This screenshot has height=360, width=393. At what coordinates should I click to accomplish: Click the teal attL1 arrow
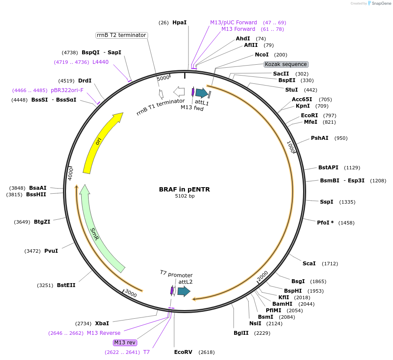pos(201,92)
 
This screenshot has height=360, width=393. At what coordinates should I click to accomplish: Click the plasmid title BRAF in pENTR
pos(185,189)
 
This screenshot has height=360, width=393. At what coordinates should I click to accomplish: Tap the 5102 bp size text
pos(185,196)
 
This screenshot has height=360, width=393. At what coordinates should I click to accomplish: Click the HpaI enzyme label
pos(179,22)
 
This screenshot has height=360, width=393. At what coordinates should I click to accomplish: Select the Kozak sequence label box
pos(286,64)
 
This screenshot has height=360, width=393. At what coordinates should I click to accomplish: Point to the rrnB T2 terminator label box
pos(122,35)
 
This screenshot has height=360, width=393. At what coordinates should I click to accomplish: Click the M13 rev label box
pos(125,342)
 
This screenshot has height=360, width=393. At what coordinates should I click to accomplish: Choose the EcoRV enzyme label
pos(183,352)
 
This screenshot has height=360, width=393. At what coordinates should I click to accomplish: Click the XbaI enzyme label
pos(102,324)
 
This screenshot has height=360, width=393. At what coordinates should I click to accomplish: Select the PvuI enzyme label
pos(51,251)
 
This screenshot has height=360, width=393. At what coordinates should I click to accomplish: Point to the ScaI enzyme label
pos(309,264)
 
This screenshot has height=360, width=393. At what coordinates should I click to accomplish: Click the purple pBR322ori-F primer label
pos(67,90)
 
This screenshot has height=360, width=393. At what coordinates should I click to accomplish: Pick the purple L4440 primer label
pos(100,62)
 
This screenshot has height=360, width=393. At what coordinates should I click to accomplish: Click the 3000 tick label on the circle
pos(131,294)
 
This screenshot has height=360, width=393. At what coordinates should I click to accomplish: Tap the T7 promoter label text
pos(176,274)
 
